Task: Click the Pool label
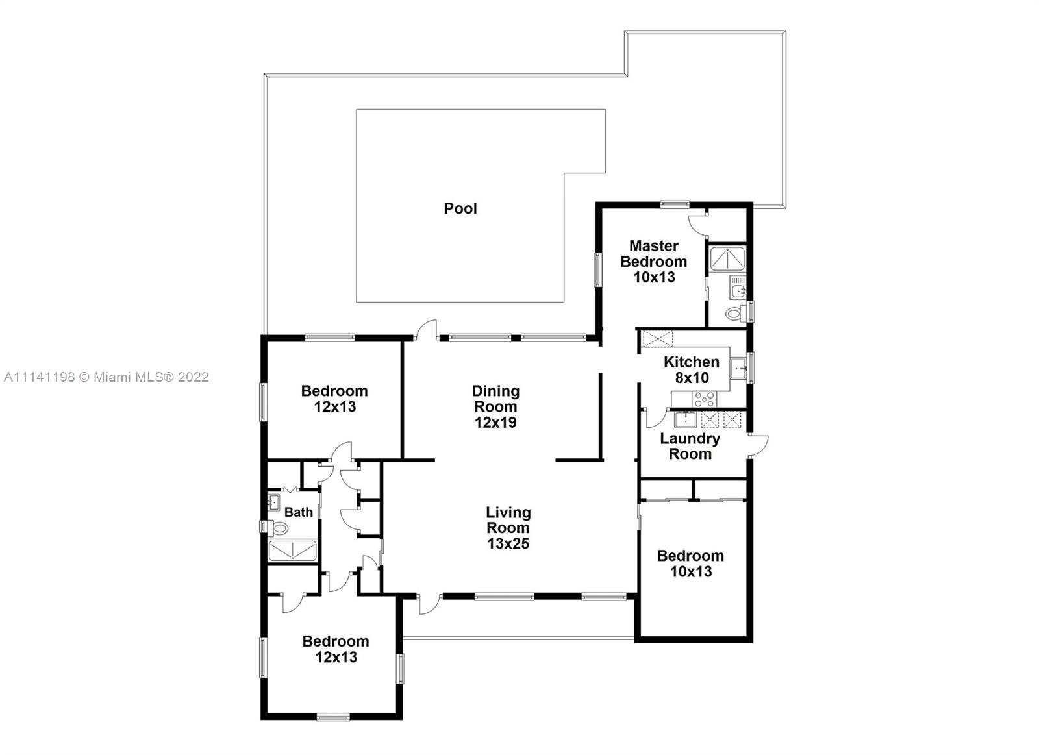pyautogui.click(x=460, y=208)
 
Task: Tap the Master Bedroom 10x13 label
pyautogui.click(x=653, y=262)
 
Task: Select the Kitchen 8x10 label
pyautogui.click(x=692, y=369)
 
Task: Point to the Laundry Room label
pyautogui.click(x=690, y=446)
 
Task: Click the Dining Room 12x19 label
pyautogui.click(x=495, y=406)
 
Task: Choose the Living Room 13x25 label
pyautogui.click(x=508, y=528)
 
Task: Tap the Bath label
pyautogui.click(x=298, y=512)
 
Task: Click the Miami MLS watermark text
pyautogui.click(x=106, y=377)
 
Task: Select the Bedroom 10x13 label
pyautogui.click(x=691, y=563)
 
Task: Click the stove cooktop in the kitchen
pyautogui.click(x=704, y=399)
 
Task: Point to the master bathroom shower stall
pyautogui.click(x=728, y=259)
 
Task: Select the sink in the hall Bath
pyautogui.click(x=273, y=502)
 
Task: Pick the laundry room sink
pyautogui.click(x=685, y=420)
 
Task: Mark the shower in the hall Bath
pyautogui.click(x=293, y=551)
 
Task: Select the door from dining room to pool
pyautogui.click(x=427, y=330)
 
